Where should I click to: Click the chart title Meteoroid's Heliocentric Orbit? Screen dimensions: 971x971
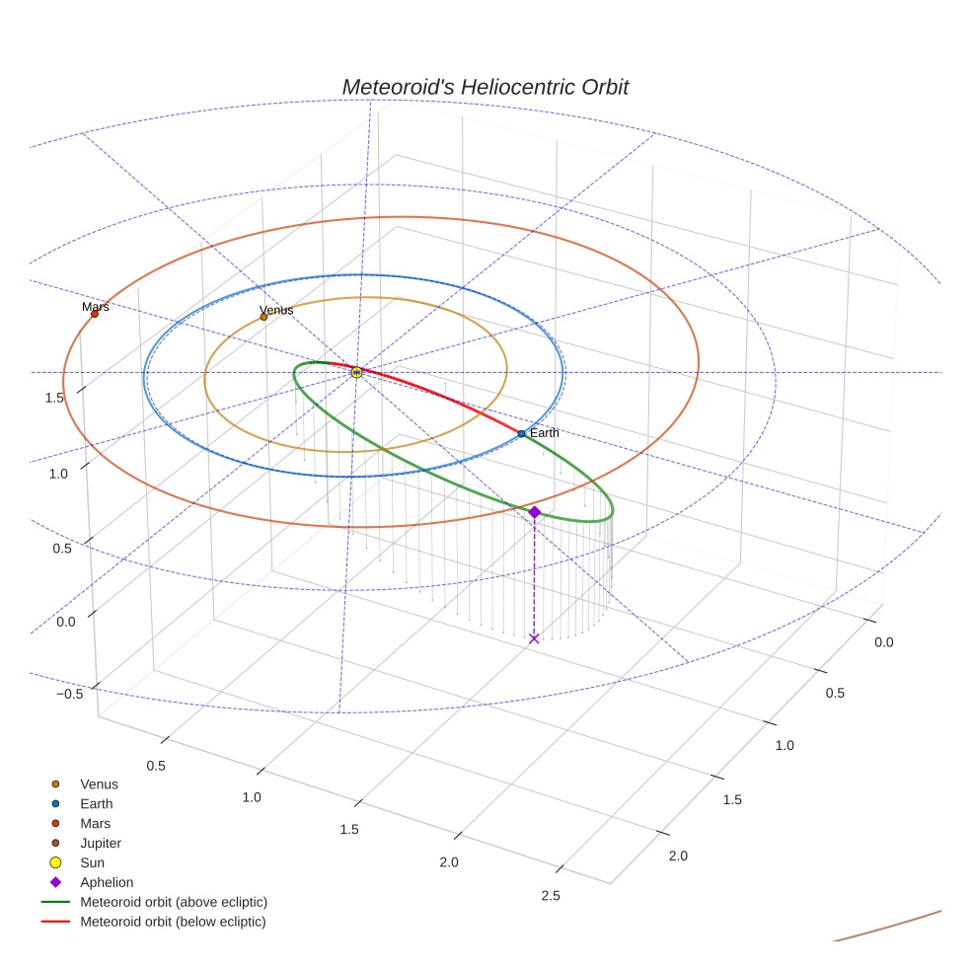[x=485, y=87]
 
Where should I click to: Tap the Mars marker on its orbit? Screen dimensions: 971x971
[x=95, y=314]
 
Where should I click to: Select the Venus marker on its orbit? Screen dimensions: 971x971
[x=263, y=317]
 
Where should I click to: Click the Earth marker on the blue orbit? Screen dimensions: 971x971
[x=521, y=434]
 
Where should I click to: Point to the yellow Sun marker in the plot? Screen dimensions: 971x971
[x=357, y=372]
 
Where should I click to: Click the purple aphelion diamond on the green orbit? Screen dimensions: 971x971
[x=534, y=512]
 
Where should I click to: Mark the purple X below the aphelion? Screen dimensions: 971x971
[x=534, y=638]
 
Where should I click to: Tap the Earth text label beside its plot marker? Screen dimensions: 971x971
[x=545, y=433]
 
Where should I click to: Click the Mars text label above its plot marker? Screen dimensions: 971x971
[x=96, y=307]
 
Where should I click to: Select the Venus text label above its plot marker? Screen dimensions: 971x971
[x=276, y=310]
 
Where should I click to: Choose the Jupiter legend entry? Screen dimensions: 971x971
[x=101, y=843]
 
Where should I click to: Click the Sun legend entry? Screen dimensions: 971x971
[x=92, y=862]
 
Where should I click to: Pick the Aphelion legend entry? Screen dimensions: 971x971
[x=107, y=882]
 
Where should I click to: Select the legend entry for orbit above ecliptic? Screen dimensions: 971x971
[x=174, y=902]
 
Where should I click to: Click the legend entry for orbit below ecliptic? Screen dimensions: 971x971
[x=173, y=922]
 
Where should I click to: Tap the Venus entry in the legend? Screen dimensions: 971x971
[x=99, y=784]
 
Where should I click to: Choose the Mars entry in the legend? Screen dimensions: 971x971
[x=95, y=823]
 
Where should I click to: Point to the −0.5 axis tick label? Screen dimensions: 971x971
[x=68, y=694]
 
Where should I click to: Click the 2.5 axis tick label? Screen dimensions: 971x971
[x=551, y=895]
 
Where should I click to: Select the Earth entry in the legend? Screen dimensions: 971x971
[x=97, y=804]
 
